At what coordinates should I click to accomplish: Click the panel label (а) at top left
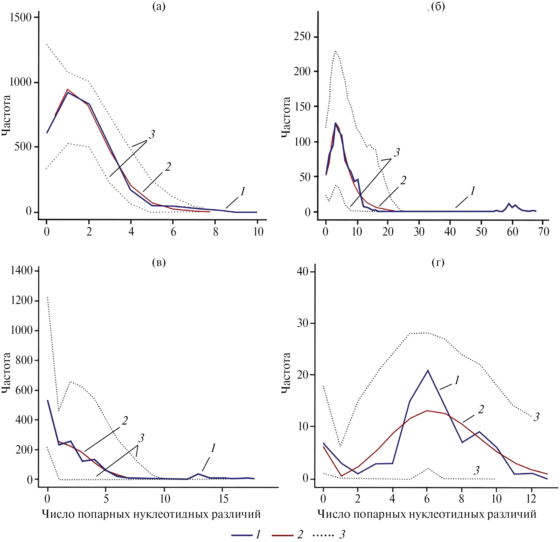point(159,6)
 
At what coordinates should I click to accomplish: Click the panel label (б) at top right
point(438,6)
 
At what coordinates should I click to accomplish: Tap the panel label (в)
point(159,262)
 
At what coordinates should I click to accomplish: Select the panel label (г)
point(438,262)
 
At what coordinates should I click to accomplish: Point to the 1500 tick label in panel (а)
point(21,18)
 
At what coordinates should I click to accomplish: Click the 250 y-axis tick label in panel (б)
point(302,37)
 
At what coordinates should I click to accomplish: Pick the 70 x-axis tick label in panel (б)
point(544,232)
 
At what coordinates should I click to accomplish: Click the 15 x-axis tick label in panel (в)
point(224,499)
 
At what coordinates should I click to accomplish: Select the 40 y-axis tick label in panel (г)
point(303,271)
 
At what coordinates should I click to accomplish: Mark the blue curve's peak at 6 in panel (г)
point(427,371)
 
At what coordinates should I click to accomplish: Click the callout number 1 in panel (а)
point(243,192)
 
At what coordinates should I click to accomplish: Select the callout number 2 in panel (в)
point(125,421)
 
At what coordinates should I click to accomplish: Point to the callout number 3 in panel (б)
point(397,153)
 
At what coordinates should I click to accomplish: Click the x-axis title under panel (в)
point(151,514)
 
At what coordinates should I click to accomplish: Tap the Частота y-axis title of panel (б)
point(286,117)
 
